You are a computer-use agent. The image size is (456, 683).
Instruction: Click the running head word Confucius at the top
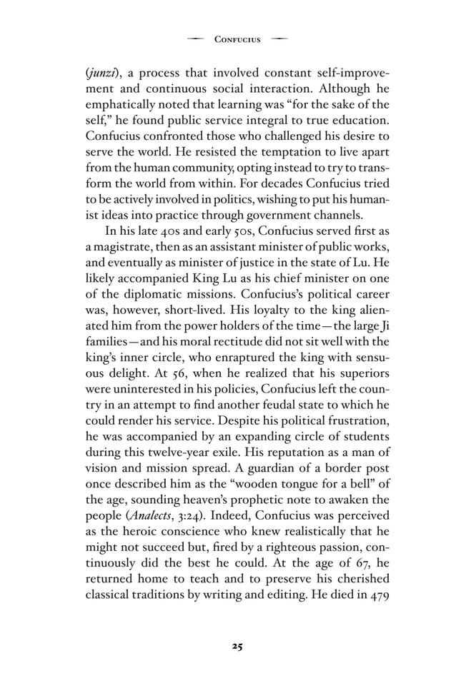point(237,39)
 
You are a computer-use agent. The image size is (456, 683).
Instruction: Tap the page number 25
point(237,647)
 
